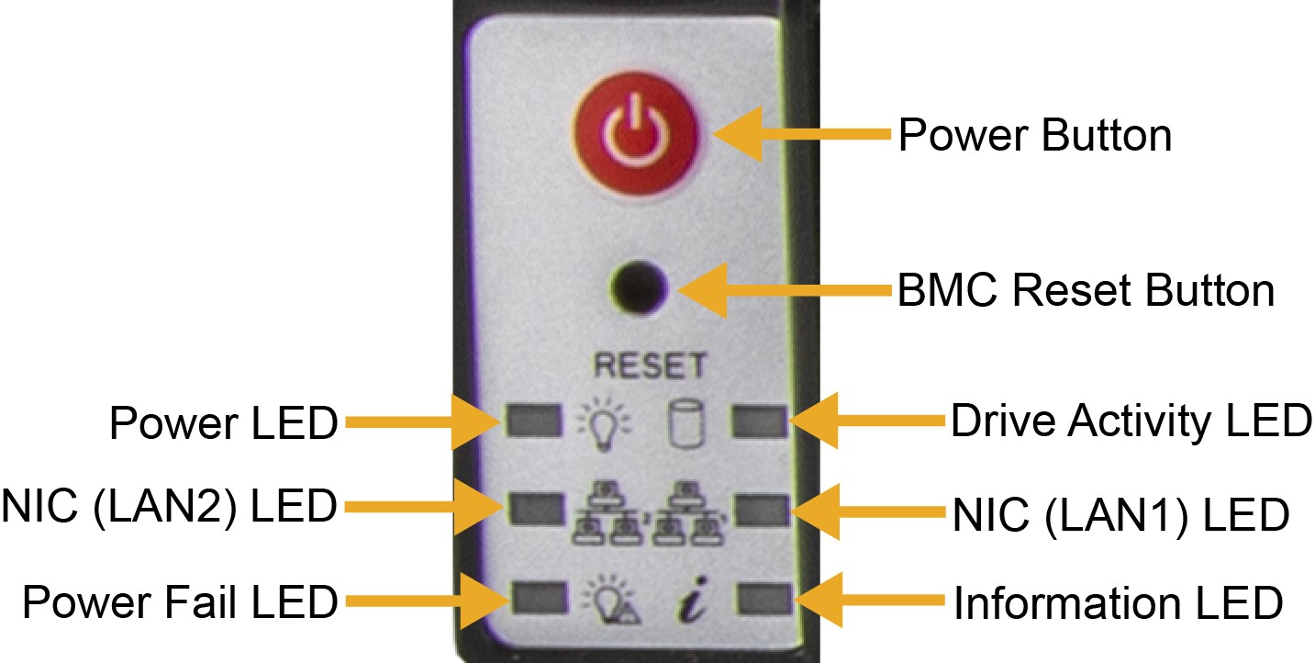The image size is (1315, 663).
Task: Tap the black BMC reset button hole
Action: point(640,288)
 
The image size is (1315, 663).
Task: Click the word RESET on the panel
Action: point(650,365)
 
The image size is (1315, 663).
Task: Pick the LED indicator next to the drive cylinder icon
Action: point(757,421)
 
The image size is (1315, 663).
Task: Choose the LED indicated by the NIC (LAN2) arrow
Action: point(536,506)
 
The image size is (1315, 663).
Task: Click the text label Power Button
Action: point(1034,136)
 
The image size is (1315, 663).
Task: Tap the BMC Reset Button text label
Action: point(1085,291)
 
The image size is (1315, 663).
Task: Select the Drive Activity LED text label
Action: point(1131,421)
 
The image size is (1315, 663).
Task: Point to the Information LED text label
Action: point(1117,603)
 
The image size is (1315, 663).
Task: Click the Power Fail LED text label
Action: point(180,602)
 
